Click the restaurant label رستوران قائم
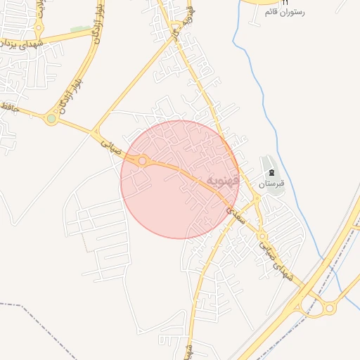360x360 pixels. tap(284, 13)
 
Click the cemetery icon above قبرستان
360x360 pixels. tap(272, 173)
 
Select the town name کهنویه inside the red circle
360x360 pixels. tap(224, 181)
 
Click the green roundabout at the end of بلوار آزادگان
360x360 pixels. tap(51, 119)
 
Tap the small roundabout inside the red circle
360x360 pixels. tap(143, 162)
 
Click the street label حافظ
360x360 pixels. tap(8, 106)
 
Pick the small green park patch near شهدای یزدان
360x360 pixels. tap(80, 30)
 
